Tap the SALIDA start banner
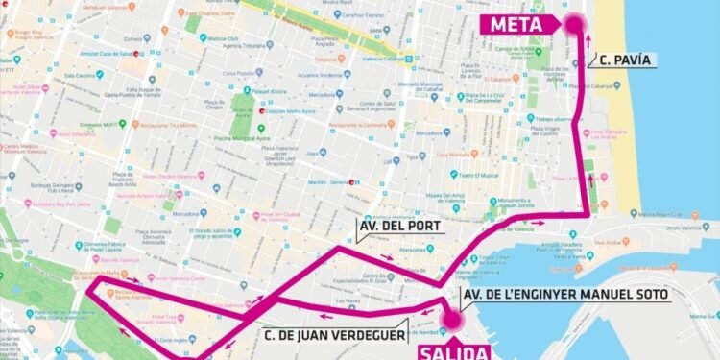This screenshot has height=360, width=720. (x=451, y=350)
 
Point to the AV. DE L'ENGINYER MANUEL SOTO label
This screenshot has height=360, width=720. (x=565, y=294)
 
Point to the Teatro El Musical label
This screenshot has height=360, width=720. (x=477, y=175)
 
